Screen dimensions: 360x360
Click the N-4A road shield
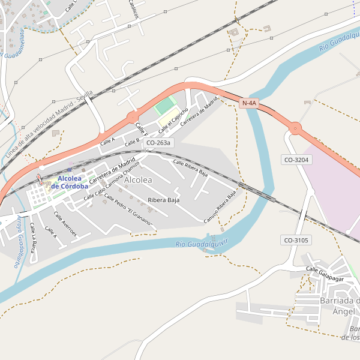(249, 103)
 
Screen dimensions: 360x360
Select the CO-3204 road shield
(296, 159)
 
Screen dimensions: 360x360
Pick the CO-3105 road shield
(296, 240)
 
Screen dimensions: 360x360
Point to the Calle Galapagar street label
(324, 274)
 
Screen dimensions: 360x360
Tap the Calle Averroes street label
(65, 224)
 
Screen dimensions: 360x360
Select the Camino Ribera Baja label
(220, 207)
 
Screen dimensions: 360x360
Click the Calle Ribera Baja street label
(190, 167)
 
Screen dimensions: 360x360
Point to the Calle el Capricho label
(173, 119)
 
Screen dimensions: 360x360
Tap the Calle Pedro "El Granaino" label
(128, 210)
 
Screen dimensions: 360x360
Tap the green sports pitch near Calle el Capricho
(164, 107)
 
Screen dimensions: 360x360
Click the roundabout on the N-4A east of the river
(295, 128)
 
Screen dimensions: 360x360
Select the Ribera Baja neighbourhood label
(163, 200)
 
